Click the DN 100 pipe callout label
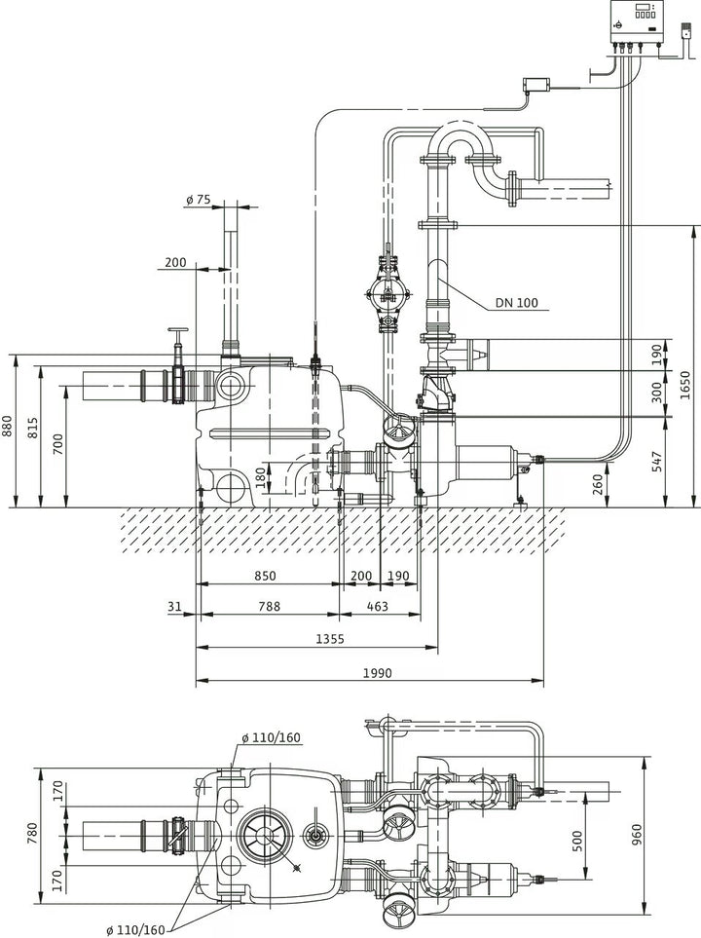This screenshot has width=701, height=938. [x=517, y=303]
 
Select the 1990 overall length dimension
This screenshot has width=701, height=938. [x=378, y=673]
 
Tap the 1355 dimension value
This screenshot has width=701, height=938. [x=330, y=639]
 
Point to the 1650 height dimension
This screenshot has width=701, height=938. [x=685, y=385]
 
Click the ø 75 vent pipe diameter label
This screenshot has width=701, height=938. [x=199, y=200]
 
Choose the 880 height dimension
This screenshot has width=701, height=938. [x=7, y=426]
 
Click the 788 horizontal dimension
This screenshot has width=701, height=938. [x=269, y=606]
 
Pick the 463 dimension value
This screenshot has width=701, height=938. [x=377, y=606]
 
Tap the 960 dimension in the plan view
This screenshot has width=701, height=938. [x=636, y=835]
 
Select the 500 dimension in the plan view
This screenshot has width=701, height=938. [x=577, y=842]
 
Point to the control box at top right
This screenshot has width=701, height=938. [x=637, y=22]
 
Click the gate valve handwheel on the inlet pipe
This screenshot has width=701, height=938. [x=177, y=330]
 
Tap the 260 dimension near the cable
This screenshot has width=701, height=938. [x=598, y=484]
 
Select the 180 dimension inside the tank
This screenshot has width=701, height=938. [x=261, y=477]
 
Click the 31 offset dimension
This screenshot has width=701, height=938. [x=174, y=606]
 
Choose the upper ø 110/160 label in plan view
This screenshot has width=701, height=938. [x=272, y=737]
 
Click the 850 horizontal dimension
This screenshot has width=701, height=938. [x=265, y=576]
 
